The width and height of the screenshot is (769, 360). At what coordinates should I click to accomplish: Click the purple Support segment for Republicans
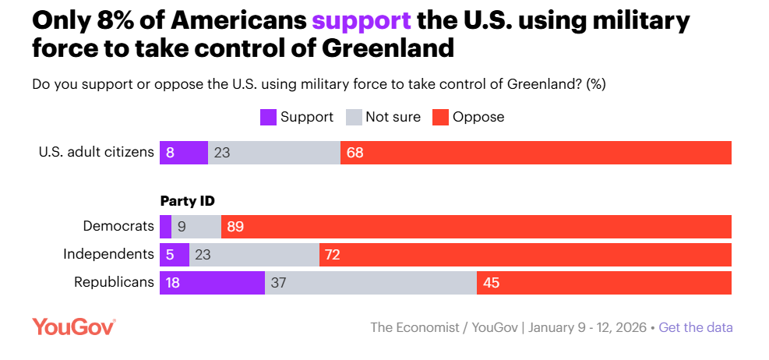pyautogui.click(x=212, y=283)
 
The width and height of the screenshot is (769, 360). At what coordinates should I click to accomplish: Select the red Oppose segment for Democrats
pyautogui.click(x=476, y=227)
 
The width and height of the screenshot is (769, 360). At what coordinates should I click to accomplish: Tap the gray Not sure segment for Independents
pyautogui.click(x=254, y=255)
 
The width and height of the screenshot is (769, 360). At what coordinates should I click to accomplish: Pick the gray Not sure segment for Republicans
pyautogui.click(x=371, y=283)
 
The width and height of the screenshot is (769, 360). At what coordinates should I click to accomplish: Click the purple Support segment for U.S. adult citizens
pyautogui.click(x=184, y=153)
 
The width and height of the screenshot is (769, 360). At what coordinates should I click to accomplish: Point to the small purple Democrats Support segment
pyautogui.click(x=165, y=227)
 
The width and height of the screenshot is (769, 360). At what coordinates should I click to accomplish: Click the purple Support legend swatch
pyautogui.click(x=268, y=118)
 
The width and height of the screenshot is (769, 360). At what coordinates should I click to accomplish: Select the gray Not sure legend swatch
pyautogui.click(x=354, y=118)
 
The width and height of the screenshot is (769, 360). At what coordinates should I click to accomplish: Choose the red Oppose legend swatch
pyautogui.click(x=440, y=118)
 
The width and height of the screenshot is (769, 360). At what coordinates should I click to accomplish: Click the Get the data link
pyautogui.click(x=696, y=327)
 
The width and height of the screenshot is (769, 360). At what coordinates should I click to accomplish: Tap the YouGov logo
pyautogui.click(x=74, y=326)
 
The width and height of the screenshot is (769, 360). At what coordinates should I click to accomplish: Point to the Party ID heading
pyautogui.click(x=187, y=201)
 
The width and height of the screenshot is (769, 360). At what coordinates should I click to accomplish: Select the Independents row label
pyautogui.click(x=108, y=254)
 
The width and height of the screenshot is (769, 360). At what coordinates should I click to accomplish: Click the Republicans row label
pyautogui.click(x=114, y=282)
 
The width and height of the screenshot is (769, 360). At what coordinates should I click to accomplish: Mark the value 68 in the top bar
pyautogui.click(x=355, y=153)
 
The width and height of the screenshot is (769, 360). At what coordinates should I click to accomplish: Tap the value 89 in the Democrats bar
pyautogui.click(x=236, y=227)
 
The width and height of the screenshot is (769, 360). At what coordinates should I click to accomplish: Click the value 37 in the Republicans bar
pyautogui.click(x=279, y=283)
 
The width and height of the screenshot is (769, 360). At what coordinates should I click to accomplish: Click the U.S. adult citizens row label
pyautogui.click(x=97, y=152)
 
